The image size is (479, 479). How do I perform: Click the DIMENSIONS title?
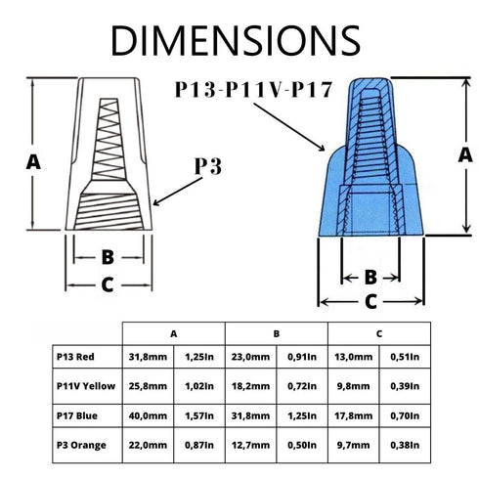(x=236, y=40)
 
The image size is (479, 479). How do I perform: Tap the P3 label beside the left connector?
(x=208, y=166)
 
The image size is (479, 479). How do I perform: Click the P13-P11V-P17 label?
(x=253, y=89)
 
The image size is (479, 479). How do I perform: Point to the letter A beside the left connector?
(x=33, y=162)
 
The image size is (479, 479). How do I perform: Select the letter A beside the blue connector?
(x=465, y=154)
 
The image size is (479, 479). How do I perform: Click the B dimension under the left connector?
(x=108, y=257)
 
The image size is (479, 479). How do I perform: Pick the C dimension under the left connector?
(x=108, y=284)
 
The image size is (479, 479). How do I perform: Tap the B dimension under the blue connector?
(x=370, y=278)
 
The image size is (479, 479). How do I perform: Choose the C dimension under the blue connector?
(x=370, y=302)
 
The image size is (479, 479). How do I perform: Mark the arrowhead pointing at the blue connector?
(x=322, y=148)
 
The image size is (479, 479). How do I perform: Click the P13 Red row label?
(x=75, y=357)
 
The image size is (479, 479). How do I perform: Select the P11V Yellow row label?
(x=86, y=386)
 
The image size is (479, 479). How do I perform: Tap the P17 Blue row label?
(x=77, y=415)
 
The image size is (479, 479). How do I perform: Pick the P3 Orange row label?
(x=81, y=446)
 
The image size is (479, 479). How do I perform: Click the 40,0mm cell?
(x=148, y=415)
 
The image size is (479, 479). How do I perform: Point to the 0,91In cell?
(x=302, y=357)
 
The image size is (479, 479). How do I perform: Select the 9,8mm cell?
(x=353, y=386)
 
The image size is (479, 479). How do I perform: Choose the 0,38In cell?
(x=405, y=445)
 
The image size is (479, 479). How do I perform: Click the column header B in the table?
(x=277, y=333)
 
